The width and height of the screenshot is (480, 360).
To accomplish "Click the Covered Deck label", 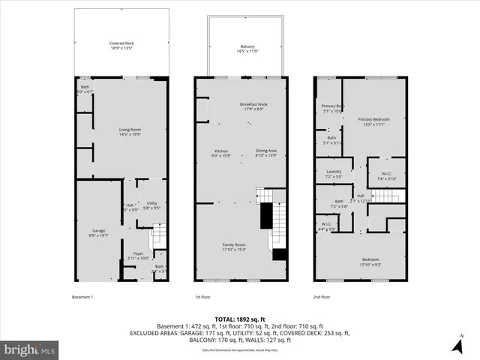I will pos(121,46).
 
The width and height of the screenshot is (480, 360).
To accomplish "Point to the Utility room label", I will pos(151,205).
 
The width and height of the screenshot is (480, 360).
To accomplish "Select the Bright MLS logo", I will pos(30,349).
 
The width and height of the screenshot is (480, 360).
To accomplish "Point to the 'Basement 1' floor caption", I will pos(82,297).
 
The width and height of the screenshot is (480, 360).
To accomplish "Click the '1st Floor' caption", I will pos(202,297).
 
